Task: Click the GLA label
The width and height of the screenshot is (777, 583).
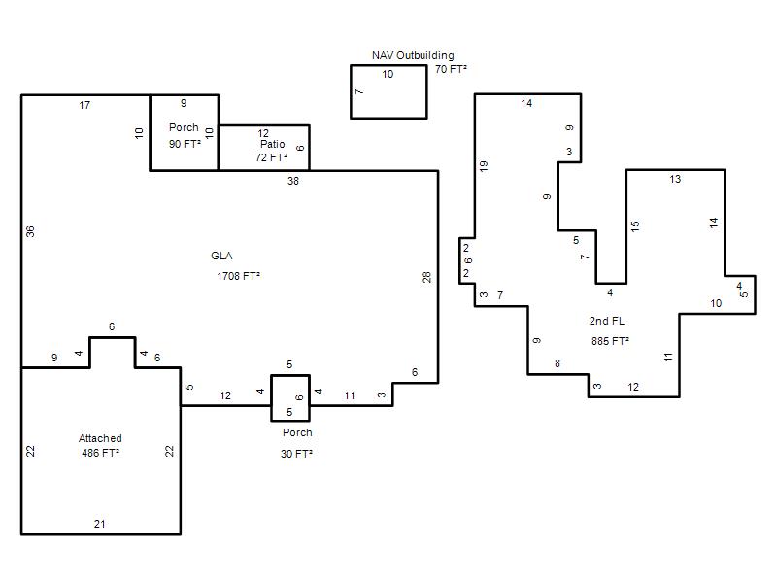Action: click(221, 256)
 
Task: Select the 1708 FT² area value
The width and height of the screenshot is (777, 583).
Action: click(238, 276)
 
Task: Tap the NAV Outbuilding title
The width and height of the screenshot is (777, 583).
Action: click(413, 55)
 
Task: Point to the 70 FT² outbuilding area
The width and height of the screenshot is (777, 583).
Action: click(451, 69)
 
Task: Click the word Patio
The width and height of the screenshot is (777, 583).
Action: click(273, 144)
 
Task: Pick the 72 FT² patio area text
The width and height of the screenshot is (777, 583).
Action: click(271, 157)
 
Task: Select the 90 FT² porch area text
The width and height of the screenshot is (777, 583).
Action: click(185, 144)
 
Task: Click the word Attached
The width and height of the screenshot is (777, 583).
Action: click(100, 438)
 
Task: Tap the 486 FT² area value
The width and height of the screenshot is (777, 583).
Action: click(101, 453)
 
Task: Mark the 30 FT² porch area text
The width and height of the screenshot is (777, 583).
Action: click(296, 454)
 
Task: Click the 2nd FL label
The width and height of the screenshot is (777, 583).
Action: click(606, 321)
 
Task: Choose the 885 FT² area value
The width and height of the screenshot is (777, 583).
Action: click(610, 341)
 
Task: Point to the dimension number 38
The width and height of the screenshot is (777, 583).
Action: click(293, 181)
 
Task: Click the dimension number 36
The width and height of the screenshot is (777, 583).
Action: click(30, 231)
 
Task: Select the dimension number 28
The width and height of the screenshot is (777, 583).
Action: click(426, 277)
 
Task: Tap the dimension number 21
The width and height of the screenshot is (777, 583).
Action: click(99, 524)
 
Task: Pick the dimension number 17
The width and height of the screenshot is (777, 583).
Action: click(84, 105)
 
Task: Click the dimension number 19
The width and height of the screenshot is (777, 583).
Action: click(484, 166)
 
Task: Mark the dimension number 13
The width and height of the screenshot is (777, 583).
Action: click(675, 179)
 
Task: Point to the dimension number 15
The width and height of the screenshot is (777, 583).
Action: click(635, 226)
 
